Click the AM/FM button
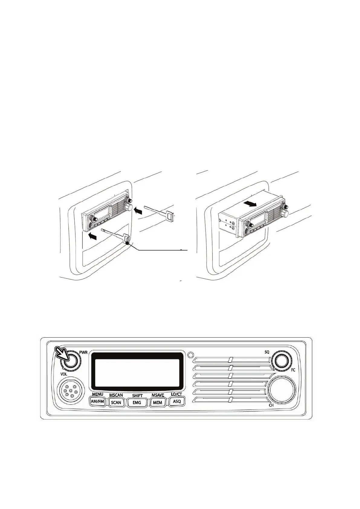[x=97, y=402]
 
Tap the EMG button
[x=137, y=403]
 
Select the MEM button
[x=157, y=403]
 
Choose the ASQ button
[x=177, y=401]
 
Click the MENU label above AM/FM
[x=98, y=394]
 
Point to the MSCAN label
[x=116, y=395]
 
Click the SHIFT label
[x=137, y=396]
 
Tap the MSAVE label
[x=158, y=395]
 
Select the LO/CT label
[x=177, y=394]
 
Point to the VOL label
[x=63, y=374]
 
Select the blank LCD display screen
[x=138, y=373]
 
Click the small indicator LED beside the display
[x=190, y=355]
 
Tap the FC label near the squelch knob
[x=293, y=370]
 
